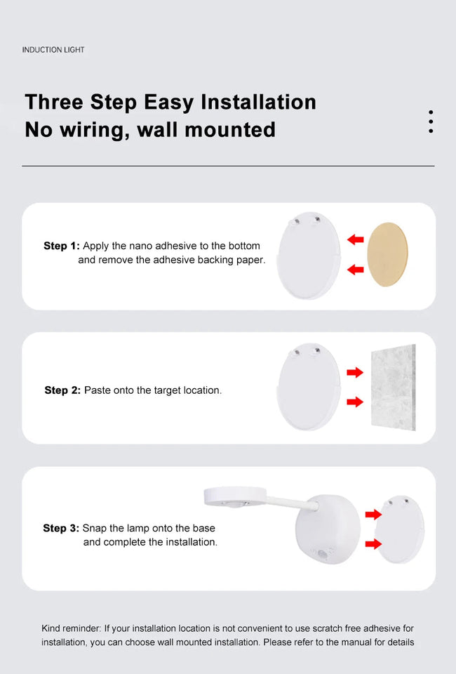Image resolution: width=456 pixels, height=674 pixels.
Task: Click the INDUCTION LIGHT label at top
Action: [53, 50]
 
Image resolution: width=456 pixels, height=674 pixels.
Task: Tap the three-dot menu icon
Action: [430, 121]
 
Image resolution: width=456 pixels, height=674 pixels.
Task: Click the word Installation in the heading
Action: [258, 102]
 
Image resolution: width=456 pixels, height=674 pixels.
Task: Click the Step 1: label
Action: [62, 246]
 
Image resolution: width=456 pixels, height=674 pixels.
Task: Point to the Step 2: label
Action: [62, 390]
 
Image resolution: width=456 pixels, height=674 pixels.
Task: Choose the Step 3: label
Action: [61, 528]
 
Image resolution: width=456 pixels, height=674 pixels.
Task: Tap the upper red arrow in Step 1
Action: [356, 240]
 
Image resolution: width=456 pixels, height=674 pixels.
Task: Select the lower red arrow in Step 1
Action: [356, 269]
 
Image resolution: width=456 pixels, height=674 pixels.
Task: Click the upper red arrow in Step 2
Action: [355, 372]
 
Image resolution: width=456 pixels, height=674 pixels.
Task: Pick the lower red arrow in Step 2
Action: [355, 402]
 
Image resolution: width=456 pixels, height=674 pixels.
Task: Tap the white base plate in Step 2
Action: [309, 388]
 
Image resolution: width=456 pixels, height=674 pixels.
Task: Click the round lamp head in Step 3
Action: [234, 496]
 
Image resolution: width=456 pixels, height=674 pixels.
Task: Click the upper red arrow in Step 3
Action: [373, 514]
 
